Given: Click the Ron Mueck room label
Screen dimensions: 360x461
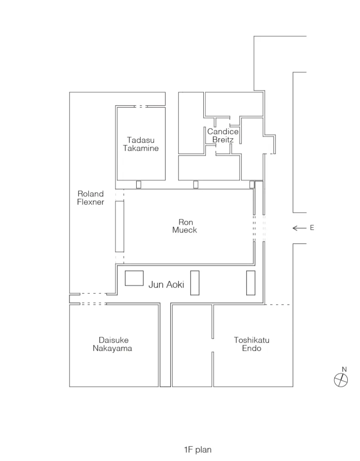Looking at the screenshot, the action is click(185, 226).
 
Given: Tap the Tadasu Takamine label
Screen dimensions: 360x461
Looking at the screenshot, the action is click(141, 144).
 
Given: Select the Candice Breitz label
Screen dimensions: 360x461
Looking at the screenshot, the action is click(223, 135).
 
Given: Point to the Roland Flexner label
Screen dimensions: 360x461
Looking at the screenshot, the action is click(91, 198).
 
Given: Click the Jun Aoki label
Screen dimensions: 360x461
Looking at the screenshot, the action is click(166, 284).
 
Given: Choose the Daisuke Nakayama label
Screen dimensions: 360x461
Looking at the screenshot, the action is click(112, 344).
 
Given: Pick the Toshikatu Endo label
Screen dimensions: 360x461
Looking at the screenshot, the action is click(252, 344).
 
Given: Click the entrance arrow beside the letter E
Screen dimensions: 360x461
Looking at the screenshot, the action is click(300, 228).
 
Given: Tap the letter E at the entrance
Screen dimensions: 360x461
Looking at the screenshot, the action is click(312, 228).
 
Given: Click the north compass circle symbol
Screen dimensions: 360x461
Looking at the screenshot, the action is click(341, 380).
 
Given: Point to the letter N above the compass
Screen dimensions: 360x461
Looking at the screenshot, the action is click(345, 369).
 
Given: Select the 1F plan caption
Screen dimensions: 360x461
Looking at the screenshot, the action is click(198, 450).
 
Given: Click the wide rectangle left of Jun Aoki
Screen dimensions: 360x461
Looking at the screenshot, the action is click(134, 278).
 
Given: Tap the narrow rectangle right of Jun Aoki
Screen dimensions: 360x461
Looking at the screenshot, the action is click(195, 283).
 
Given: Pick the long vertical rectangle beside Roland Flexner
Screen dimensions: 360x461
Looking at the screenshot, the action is click(120, 226).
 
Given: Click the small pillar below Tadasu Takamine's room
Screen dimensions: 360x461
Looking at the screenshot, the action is click(138, 184).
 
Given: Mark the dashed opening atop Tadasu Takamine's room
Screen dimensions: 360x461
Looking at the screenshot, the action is click(140, 107).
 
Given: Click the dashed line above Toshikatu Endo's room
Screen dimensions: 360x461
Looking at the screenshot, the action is click(277, 305).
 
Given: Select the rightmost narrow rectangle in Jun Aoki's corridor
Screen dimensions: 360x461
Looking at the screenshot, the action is click(251, 283).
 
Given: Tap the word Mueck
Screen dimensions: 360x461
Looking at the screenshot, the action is click(185, 230).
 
